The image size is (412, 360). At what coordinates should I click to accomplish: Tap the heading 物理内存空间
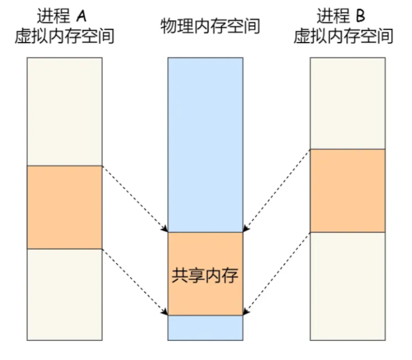[x=210, y=26]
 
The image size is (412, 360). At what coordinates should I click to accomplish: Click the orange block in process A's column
[x=65, y=207]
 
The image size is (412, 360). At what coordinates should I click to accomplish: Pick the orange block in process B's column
[x=347, y=190]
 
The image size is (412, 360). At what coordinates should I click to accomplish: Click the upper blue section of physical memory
[x=205, y=144]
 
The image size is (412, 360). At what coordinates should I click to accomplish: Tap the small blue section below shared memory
[x=205, y=328]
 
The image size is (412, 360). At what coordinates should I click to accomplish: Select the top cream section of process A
[x=65, y=112]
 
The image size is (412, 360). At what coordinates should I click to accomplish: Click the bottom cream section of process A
[x=65, y=294]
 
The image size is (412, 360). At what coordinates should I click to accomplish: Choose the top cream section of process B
[x=347, y=104]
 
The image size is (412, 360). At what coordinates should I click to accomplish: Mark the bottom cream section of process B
[x=347, y=286]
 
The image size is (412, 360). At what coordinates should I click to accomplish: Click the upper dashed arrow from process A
[x=135, y=199]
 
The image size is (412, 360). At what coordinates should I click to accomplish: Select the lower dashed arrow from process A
[x=135, y=282]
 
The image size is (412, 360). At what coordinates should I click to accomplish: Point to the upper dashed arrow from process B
[x=277, y=190]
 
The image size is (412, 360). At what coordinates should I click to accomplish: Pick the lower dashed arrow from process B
[x=277, y=273]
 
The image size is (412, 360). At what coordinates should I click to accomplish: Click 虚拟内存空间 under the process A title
[x=65, y=36]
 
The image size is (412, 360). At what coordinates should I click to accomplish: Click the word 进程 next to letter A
[x=54, y=16]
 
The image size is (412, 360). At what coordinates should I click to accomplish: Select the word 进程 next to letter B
[x=334, y=16]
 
